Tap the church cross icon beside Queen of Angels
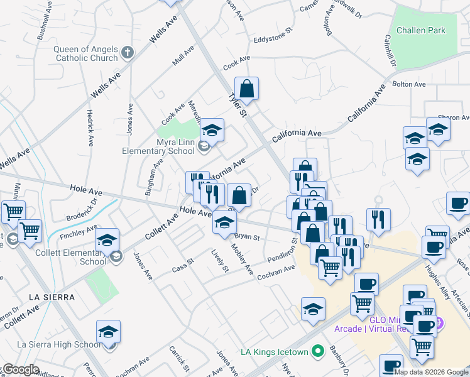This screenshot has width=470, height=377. [127, 53]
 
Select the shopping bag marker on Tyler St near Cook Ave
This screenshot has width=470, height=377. [247, 89]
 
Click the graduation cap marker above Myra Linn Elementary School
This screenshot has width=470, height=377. [212, 131]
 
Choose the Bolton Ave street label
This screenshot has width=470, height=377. [409, 84]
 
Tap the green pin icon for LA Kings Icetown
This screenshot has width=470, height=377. [319, 350]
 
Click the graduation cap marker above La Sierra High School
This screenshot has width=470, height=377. [108, 331]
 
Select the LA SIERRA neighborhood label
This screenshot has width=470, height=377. [52, 297]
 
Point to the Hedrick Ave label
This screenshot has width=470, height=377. [90, 128]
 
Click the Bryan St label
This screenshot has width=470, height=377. [247, 238]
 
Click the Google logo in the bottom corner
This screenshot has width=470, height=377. [21, 369]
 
